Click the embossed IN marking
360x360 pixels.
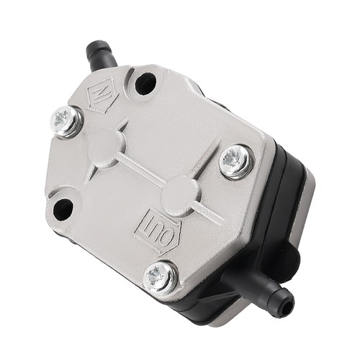tap(102, 94)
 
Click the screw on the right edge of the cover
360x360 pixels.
tap(236, 161)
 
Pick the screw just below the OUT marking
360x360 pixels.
tap(160, 278)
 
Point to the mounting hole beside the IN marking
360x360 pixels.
tap(145, 83)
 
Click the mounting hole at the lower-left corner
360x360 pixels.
tap(63, 209)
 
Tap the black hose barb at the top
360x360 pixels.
tap(101, 55)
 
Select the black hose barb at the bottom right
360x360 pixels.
tap(259, 289)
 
